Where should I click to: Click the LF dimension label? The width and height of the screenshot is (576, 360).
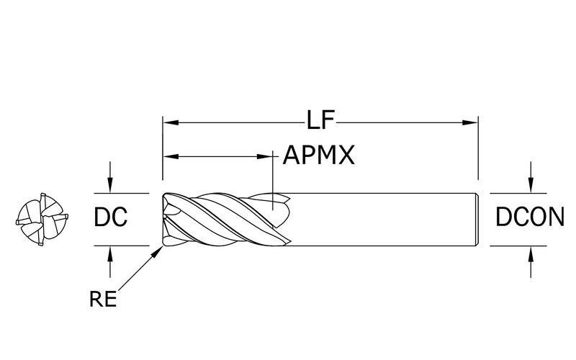pos(321,120)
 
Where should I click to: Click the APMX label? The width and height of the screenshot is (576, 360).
pos(319,155)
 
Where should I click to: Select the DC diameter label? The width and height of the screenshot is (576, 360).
pos(111,217)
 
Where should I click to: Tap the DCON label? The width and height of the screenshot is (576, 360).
pos(530,217)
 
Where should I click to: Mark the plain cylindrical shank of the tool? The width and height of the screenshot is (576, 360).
pos(382,219)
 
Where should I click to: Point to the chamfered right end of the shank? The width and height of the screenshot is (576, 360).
pos(476,219)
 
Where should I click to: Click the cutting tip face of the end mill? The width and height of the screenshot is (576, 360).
pos(166,219)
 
